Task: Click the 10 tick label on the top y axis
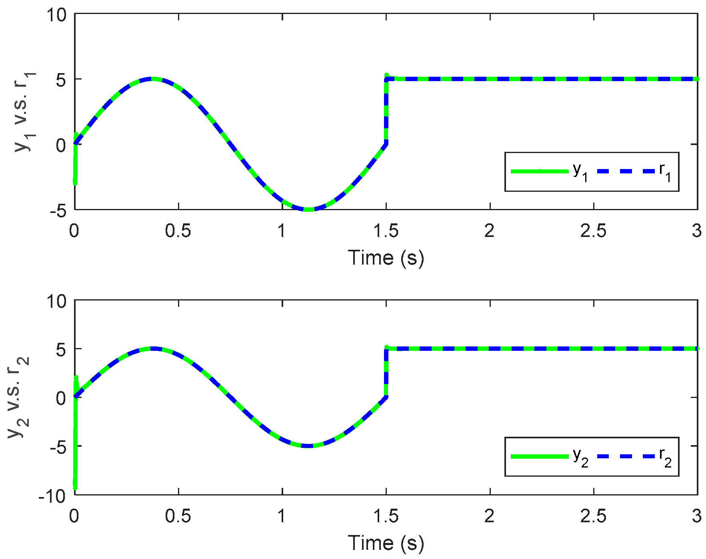(x=56, y=15)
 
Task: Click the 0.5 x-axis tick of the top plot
(x=178, y=231)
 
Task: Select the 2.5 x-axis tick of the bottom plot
(x=593, y=516)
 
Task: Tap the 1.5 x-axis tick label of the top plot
(x=386, y=231)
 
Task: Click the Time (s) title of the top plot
(x=386, y=258)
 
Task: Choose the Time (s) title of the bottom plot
(x=386, y=543)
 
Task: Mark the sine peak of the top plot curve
(x=151, y=79)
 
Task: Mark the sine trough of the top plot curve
(x=308, y=209)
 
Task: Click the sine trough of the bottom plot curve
(x=308, y=446)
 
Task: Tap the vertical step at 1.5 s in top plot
(x=386, y=112)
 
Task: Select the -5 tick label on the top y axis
(x=58, y=211)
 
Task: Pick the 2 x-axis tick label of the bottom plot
(x=489, y=516)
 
